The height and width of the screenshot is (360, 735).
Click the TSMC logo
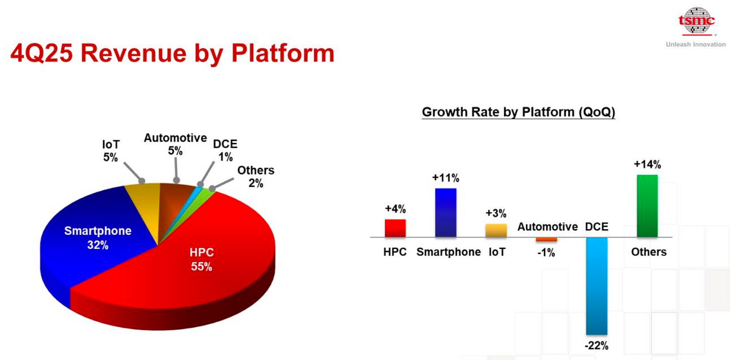(x=697, y=21)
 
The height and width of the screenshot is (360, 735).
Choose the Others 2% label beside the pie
(x=255, y=177)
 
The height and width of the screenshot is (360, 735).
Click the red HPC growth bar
(x=395, y=228)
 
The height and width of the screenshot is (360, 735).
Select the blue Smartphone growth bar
(x=445, y=213)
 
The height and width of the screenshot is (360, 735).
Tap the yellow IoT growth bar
(x=496, y=230)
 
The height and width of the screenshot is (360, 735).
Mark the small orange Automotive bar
(x=546, y=239)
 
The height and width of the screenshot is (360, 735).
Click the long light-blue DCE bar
(x=597, y=286)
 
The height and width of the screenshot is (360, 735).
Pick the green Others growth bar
(x=647, y=206)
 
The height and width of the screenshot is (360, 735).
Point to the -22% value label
(x=597, y=346)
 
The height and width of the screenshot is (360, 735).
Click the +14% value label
(x=648, y=165)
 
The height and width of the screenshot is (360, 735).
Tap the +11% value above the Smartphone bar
(x=445, y=178)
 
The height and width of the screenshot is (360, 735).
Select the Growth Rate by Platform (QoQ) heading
(x=518, y=112)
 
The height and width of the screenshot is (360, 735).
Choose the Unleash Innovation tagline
(x=696, y=44)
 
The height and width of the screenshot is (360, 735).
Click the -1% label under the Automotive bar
(x=546, y=253)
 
